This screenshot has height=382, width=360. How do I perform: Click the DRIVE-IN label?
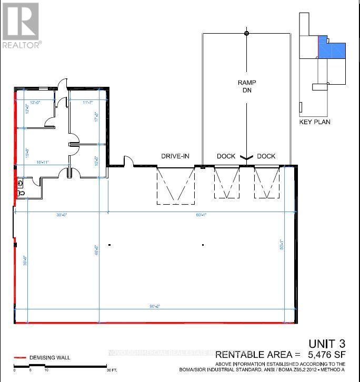click(175, 156)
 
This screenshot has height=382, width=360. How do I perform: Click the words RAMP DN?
click(246, 87)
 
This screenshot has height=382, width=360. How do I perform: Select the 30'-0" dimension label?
click(62, 214)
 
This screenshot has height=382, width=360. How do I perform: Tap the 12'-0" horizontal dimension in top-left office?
click(35, 102)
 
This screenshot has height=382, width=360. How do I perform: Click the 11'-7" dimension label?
click(88, 102)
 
